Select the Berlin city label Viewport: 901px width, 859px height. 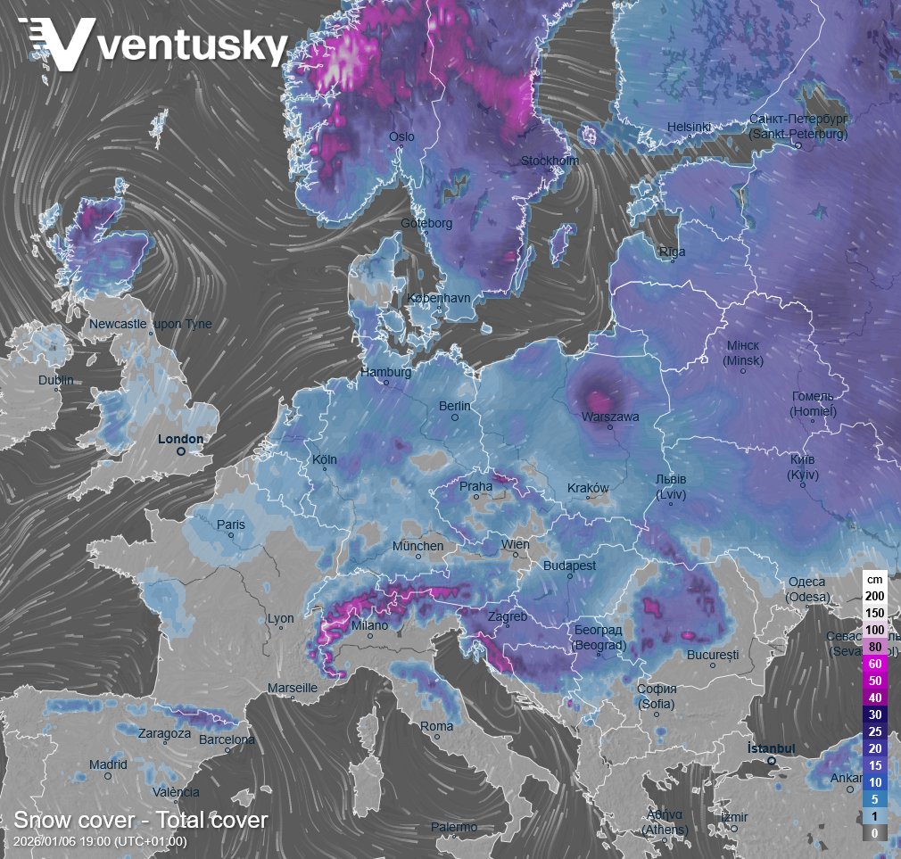454,406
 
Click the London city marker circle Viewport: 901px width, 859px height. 180,452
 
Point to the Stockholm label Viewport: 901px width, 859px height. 550,161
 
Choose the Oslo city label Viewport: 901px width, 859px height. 401,136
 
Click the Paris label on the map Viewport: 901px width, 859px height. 230,524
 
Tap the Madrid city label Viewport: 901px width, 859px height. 108,764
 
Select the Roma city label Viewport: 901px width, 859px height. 437,726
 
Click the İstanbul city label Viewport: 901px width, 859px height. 771,747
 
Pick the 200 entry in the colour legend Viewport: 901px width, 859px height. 874,595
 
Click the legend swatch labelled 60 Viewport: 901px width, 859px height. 874,663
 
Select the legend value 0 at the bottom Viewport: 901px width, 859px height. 874,832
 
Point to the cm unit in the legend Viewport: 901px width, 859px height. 874,579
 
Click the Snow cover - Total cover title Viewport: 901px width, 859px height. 141,820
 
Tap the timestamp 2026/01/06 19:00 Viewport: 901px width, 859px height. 100,841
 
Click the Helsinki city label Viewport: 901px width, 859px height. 689,128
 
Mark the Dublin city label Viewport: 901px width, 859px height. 56,381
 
